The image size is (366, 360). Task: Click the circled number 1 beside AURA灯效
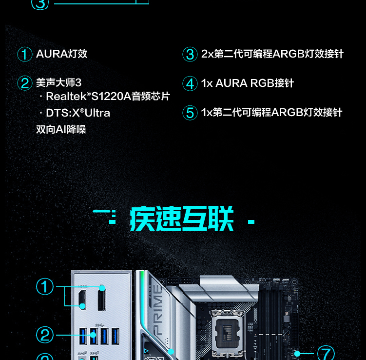click(x=25, y=54)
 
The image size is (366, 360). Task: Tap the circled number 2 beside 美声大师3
click(x=25, y=83)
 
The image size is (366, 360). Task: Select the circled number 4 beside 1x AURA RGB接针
click(x=190, y=83)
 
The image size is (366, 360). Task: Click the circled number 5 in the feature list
click(x=190, y=113)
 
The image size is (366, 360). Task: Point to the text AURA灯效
click(x=61, y=54)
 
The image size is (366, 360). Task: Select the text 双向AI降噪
click(x=61, y=129)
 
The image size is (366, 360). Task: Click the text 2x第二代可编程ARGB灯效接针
click(x=272, y=54)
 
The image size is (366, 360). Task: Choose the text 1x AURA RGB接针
click(x=248, y=83)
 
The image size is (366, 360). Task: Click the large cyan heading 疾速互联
click(x=182, y=219)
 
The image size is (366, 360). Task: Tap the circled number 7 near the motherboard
click(x=326, y=353)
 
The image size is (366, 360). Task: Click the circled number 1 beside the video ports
click(x=45, y=286)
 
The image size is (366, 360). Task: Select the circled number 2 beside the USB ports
click(x=45, y=335)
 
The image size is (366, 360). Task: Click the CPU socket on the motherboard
click(x=228, y=330)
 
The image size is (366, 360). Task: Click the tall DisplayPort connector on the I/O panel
click(x=101, y=299)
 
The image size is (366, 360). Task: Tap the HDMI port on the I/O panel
click(x=82, y=300)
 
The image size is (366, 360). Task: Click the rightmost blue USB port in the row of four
click(x=116, y=336)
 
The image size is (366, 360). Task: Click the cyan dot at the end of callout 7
click(x=297, y=354)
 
